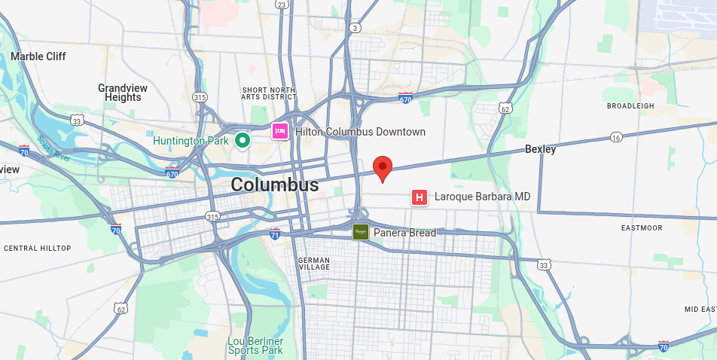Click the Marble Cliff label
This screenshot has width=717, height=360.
(38, 56)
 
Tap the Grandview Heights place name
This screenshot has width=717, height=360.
(123, 93)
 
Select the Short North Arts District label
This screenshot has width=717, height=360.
(269, 93)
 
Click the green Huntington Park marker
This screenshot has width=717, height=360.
(242, 140)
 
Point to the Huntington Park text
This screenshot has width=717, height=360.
(190, 141)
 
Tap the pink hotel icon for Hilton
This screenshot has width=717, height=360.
(280, 132)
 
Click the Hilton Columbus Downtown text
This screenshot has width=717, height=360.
(360, 132)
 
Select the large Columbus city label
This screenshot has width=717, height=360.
(274, 185)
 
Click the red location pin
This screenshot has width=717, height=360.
(383, 168)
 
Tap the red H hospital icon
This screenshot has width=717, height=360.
(420, 197)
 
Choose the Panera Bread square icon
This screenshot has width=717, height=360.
(361, 232)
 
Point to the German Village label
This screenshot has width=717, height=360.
(314, 264)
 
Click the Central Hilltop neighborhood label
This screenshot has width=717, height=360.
(37, 249)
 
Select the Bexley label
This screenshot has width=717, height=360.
(540, 150)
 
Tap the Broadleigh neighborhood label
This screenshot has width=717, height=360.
(630, 106)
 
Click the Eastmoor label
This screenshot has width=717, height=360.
(642, 227)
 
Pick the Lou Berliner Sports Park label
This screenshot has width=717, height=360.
(255, 346)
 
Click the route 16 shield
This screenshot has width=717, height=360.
(616, 137)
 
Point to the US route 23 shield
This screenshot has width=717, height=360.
(281, 5)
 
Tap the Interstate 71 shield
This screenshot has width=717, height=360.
(275, 234)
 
